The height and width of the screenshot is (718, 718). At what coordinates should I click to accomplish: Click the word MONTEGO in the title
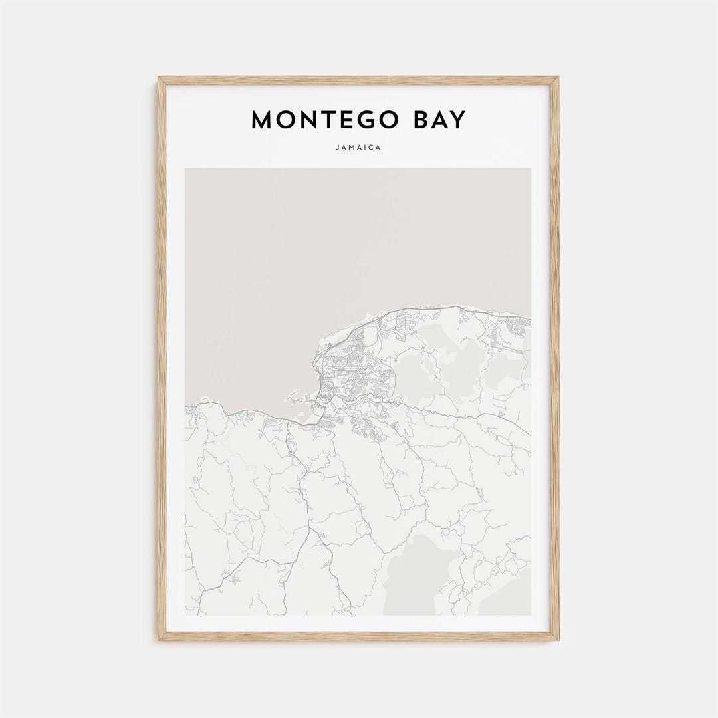point(323,120)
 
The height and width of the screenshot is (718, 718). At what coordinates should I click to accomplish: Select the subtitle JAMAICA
point(359,148)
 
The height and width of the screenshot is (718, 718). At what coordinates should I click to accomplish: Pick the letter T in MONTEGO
point(323,120)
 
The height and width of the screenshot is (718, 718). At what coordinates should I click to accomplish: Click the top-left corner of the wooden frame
point(160,78)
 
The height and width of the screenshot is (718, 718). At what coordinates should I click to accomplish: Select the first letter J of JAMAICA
point(338,148)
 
